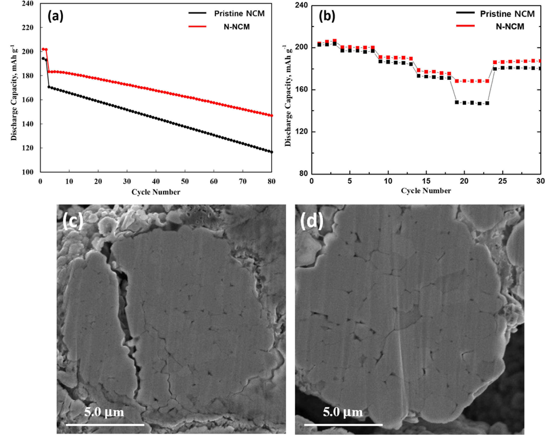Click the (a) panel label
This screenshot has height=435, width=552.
[x=56, y=16]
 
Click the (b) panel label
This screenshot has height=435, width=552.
[x=327, y=16]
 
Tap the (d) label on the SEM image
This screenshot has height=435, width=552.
[x=312, y=221]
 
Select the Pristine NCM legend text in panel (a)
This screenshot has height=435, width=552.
[x=239, y=13]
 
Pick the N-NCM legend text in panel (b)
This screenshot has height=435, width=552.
[x=510, y=27]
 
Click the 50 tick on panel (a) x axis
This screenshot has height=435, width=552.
[x=185, y=181]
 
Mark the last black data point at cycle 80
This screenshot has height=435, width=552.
[x=271, y=152]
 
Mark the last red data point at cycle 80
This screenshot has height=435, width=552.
[x=271, y=116]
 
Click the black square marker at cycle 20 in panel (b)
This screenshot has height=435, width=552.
[x=464, y=103]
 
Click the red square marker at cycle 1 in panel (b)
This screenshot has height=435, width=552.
[x=319, y=44]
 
